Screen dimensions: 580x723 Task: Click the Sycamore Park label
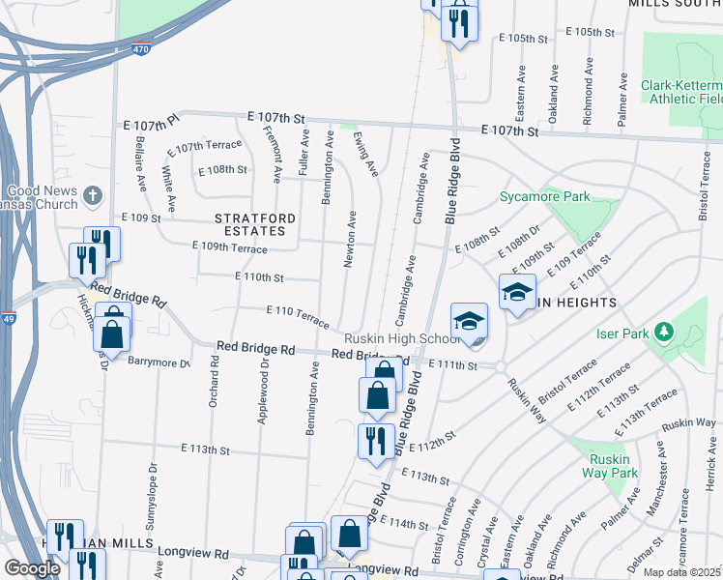[544, 197]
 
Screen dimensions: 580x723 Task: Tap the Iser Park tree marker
[663, 333]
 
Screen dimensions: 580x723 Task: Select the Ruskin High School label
[403, 339]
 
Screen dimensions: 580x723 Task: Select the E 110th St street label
[259, 277]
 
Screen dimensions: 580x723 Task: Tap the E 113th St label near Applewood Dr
[205, 449]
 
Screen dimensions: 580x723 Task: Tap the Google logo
[31, 568]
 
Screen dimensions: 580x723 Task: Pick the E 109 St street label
[140, 218]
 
